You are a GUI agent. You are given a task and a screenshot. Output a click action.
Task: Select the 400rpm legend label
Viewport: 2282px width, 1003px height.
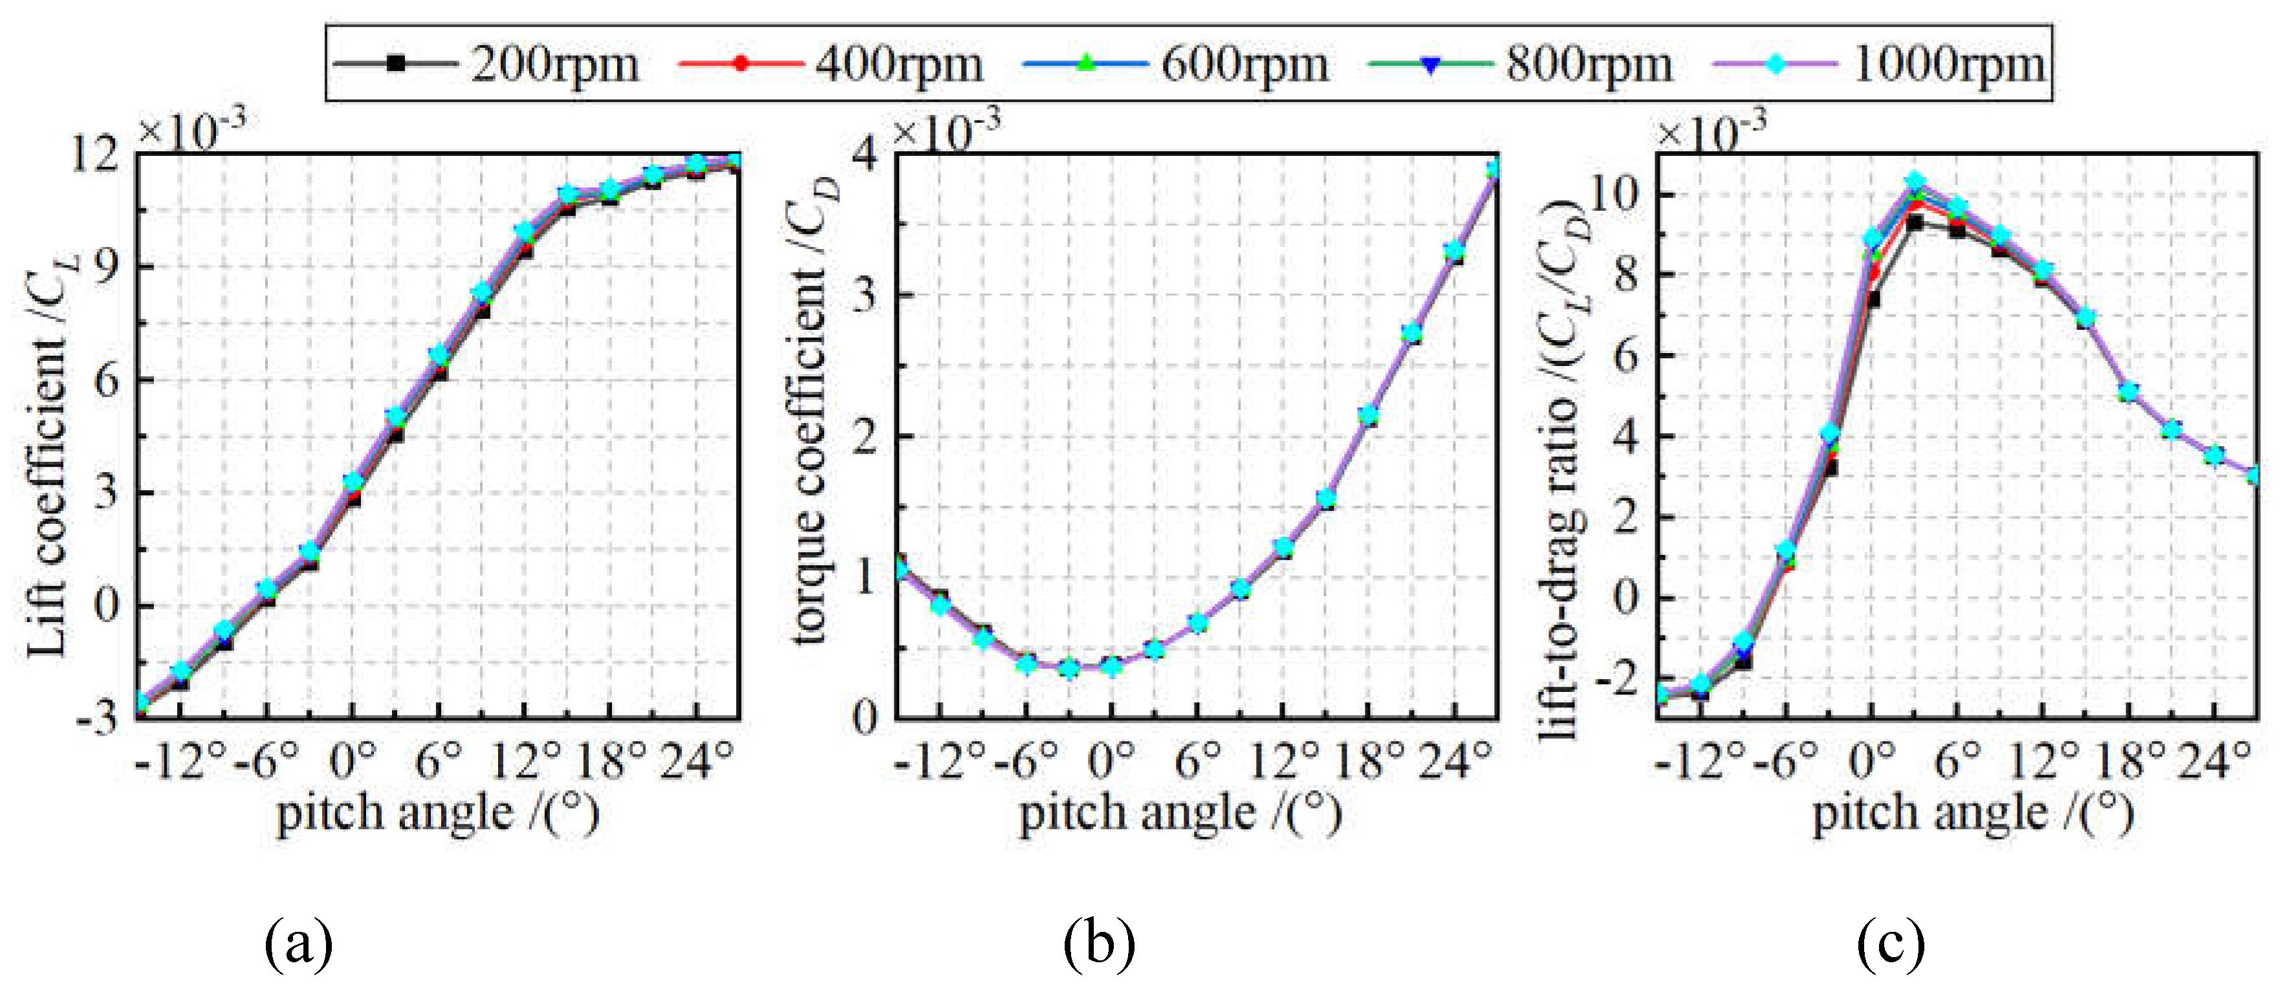pyautogui.click(x=898, y=64)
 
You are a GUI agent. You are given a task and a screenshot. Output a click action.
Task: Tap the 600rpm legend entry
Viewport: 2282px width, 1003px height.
pyautogui.click(x=1244, y=64)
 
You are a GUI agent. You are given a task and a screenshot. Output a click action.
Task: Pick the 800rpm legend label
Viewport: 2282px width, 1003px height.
pyautogui.click(x=1589, y=64)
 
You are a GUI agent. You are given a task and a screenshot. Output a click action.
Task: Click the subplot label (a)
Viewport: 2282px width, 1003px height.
pyautogui.click(x=299, y=943)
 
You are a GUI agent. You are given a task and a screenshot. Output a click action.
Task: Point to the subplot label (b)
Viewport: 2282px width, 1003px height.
pyautogui.click(x=1098, y=943)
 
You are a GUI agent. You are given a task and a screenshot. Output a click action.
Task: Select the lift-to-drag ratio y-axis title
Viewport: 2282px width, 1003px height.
pyautogui.click(x=1563, y=469)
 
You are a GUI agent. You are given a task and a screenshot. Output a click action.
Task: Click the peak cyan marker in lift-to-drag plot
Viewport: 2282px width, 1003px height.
pyautogui.click(x=1915, y=182)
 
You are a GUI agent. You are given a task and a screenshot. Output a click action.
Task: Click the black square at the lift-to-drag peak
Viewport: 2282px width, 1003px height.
pyautogui.click(x=1915, y=223)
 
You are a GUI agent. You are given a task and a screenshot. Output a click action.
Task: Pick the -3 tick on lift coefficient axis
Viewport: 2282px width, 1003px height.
pyautogui.click(x=98, y=718)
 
